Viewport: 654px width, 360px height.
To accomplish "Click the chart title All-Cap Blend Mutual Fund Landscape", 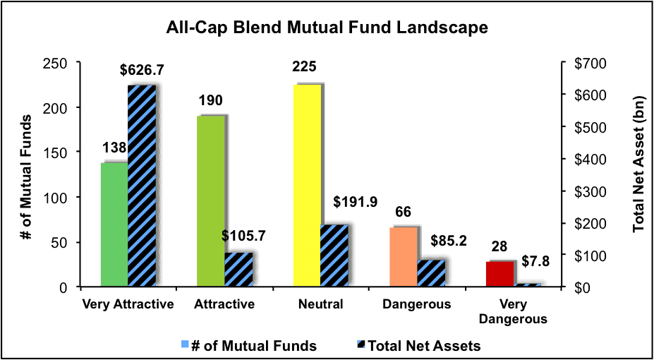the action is pos(327,28).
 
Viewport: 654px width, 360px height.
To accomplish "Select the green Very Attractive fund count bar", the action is pos(114,224).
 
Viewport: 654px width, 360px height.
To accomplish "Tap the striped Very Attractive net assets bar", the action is pos(142,186).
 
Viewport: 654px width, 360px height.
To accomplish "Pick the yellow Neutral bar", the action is pos(307,186).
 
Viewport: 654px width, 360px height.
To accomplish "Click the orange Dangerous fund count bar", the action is pos(404,257).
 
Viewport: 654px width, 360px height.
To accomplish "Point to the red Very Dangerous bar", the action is pos(500,274).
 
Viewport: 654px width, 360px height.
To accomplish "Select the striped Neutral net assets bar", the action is pos(334,256).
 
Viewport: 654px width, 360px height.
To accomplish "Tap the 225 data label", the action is pos(308,68).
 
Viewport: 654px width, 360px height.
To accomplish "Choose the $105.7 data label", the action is pos(243,236).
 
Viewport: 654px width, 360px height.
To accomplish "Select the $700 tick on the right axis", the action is pos(582,63).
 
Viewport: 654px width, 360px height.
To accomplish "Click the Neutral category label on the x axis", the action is pos(321,304).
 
